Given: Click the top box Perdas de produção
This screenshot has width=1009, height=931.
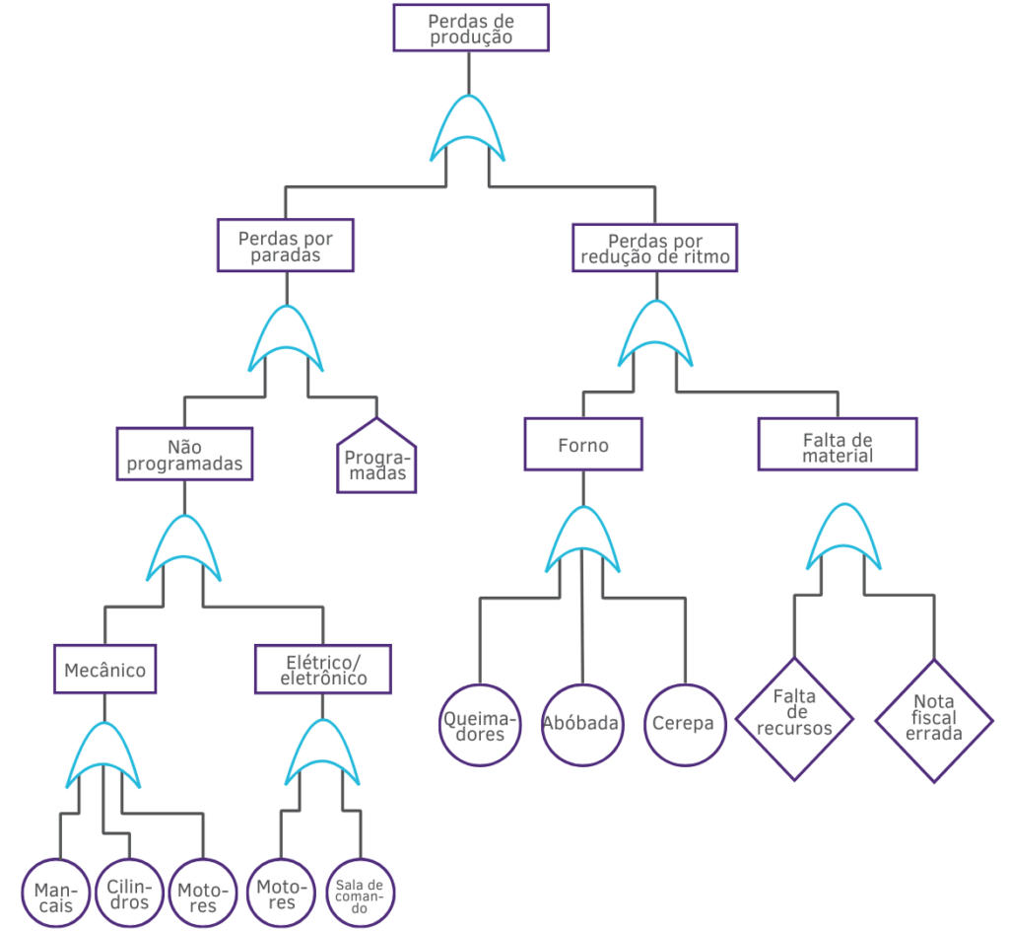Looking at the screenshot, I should pos(470,28).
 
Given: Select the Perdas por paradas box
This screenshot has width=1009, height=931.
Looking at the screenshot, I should pos(286,246).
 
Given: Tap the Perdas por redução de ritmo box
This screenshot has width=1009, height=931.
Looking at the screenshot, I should pos(654,249).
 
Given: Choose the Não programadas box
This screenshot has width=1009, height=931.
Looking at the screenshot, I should pos(185,454).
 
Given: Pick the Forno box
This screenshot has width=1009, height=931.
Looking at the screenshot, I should pos(582,444).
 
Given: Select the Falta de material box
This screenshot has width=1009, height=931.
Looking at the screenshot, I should pos(838,445).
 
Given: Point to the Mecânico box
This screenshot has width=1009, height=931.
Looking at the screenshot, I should pos(104,671).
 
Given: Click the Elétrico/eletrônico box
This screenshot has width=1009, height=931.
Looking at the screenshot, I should pos(323,670).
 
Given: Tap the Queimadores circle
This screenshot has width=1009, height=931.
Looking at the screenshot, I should pos(479,725).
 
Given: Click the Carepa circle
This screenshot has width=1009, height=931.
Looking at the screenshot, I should pos(685,724).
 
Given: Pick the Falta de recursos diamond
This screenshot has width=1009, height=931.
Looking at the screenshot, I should pos(794,718).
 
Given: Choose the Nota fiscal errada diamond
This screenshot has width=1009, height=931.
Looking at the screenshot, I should pos(934,720).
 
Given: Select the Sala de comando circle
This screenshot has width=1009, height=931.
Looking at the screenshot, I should pos(360,894).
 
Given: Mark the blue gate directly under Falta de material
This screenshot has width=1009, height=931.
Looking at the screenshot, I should pos(842,537).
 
